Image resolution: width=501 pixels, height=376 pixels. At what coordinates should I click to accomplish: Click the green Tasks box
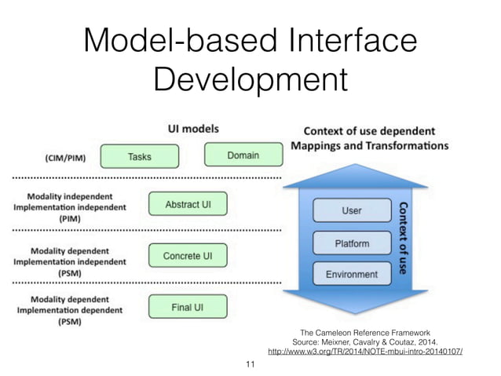tap(140, 155)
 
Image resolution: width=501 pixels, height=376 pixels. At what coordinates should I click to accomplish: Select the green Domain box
tap(243, 155)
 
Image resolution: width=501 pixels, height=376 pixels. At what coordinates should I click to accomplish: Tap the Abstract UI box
tap(187, 206)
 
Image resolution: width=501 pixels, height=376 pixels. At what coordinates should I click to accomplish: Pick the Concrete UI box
tap(187, 256)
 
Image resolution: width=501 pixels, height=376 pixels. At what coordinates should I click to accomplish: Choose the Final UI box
tap(187, 307)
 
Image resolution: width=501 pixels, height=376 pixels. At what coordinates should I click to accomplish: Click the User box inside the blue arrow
tap(352, 211)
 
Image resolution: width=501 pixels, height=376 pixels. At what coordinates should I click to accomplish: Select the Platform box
tap(352, 243)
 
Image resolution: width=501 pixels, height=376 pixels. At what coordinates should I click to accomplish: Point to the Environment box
tap(352, 274)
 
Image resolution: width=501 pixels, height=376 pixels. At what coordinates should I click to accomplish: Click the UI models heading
tap(193, 129)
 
